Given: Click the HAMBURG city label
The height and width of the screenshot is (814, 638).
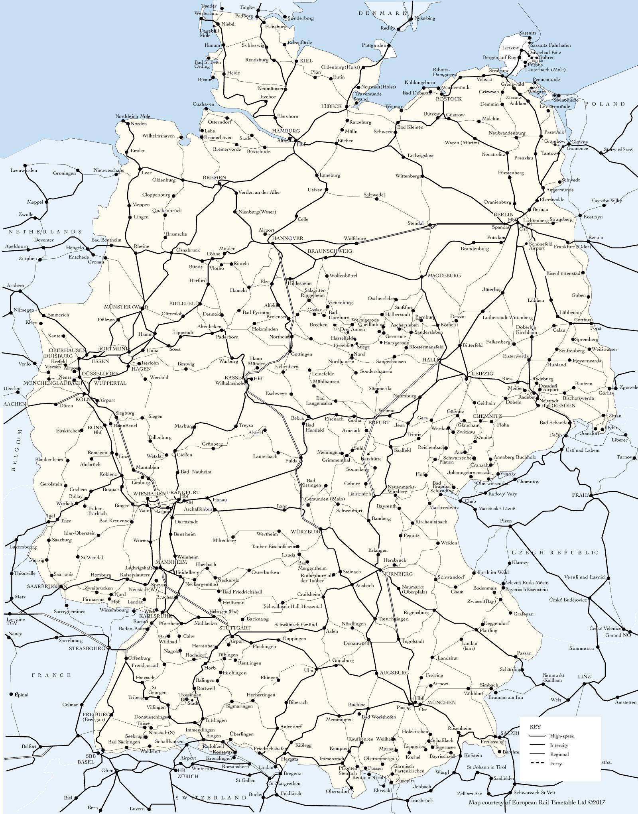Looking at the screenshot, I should click(x=286, y=131).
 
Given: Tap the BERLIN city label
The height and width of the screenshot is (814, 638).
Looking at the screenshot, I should click(x=503, y=214).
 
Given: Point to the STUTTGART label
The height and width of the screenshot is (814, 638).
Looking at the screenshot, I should click(x=234, y=628).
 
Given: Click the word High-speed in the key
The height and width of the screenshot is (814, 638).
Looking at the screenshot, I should click(x=562, y=736).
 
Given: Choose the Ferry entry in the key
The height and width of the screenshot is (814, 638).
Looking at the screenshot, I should click(x=556, y=763).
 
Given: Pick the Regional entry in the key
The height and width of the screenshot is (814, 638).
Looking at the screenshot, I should click(x=559, y=754).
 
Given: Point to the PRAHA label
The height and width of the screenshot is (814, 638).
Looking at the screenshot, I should click(x=581, y=495).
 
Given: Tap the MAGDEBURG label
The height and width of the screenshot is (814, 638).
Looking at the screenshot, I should click(x=444, y=275).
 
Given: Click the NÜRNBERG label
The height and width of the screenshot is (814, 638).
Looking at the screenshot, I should click(x=397, y=574).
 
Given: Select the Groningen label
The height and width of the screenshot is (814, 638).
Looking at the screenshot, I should click(x=64, y=173).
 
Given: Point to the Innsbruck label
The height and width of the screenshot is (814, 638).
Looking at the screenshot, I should click(x=422, y=800).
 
